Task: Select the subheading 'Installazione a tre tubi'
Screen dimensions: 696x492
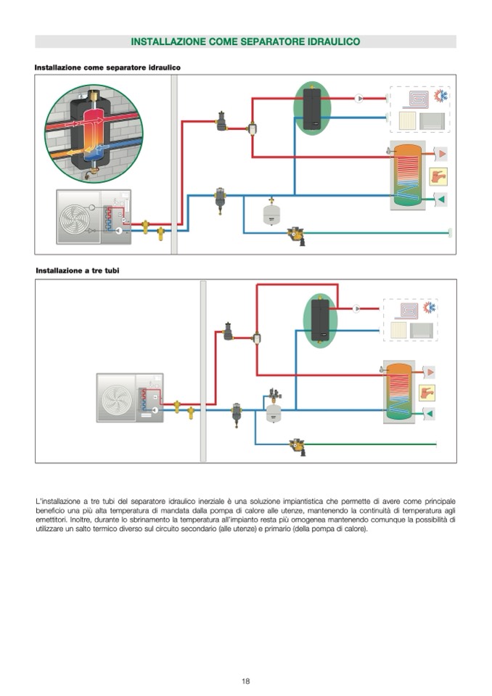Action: (x=78, y=270)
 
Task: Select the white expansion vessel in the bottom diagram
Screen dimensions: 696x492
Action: (x=274, y=413)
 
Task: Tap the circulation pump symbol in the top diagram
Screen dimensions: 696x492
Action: (x=359, y=99)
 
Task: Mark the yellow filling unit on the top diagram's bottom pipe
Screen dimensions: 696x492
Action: (x=296, y=234)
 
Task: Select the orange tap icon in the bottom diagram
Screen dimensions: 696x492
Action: (x=428, y=393)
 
